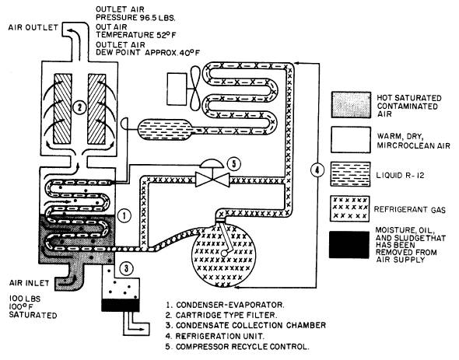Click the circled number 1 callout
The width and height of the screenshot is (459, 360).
(x=124, y=215)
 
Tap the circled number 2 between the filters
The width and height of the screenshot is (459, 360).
(x=79, y=108)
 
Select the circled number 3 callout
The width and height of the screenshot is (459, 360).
(x=126, y=268)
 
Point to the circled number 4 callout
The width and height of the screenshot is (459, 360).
(x=317, y=170)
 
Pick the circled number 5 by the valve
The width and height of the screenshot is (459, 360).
(x=234, y=164)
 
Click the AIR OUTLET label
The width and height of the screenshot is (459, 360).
(x=33, y=27)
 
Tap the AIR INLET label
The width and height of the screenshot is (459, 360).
(x=29, y=283)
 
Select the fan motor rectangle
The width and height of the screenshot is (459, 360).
(x=177, y=89)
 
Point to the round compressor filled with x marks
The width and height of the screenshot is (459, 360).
(x=224, y=255)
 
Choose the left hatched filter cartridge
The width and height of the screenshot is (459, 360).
(x=63, y=109)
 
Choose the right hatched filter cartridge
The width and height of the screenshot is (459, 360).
(x=96, y=109)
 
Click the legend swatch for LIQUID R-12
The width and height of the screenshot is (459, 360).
(x=350, y=174)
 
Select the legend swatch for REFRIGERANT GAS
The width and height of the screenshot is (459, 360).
(x=350, y=208)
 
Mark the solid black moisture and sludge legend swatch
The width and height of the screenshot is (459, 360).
(x=349, y=245)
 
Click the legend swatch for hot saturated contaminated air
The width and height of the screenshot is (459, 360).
(x=351, y=105)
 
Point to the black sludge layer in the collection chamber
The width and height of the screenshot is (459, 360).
(x=121, y=306)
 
